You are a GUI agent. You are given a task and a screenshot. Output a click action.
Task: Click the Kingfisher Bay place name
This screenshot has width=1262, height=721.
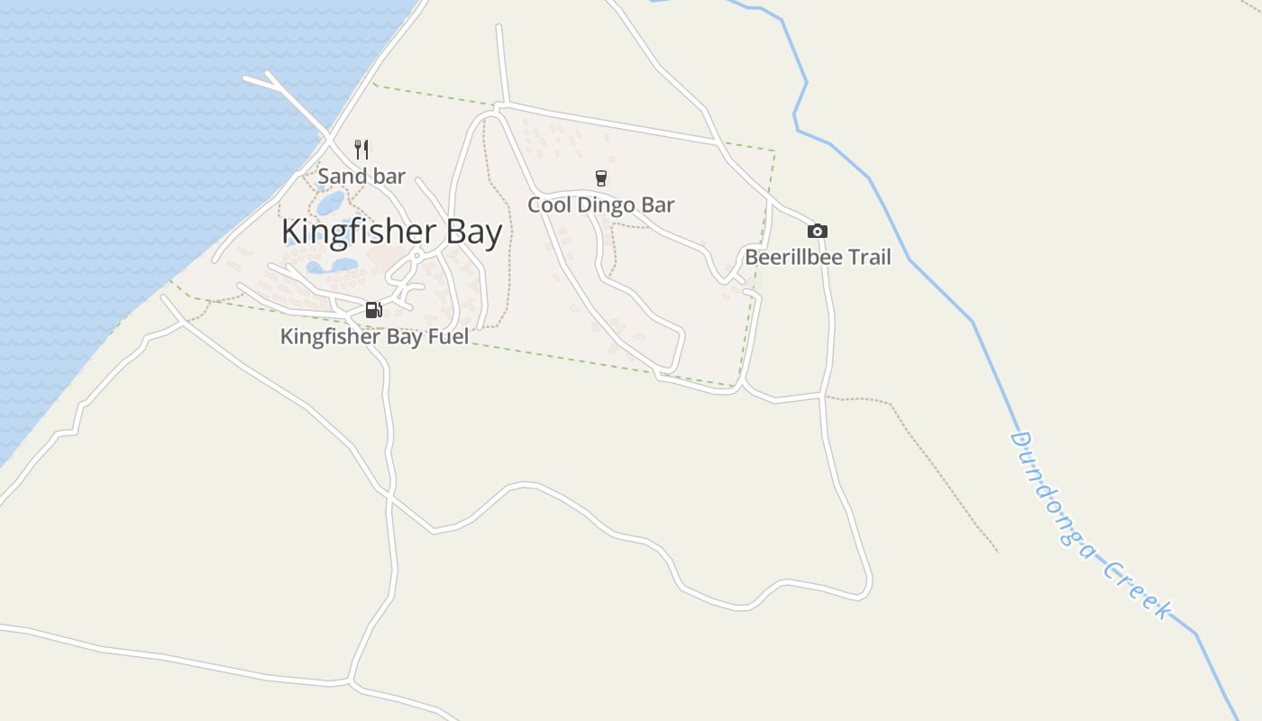(391, 233)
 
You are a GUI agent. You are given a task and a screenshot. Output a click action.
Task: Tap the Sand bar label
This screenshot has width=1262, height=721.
(361, 177)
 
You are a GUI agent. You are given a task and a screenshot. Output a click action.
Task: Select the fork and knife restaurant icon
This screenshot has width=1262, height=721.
(361, 150)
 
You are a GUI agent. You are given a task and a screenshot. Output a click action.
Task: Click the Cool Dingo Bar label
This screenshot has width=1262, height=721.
(600, 205)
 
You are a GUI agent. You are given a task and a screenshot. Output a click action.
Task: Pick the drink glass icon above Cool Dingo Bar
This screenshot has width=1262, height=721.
(601, 178)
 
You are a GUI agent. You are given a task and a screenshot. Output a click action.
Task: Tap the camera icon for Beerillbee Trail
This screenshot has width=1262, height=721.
(818, 231)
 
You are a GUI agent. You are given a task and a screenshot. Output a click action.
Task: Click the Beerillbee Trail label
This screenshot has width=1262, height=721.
(818, 258)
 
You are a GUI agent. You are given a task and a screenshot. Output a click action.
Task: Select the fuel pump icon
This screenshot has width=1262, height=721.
(373, 310)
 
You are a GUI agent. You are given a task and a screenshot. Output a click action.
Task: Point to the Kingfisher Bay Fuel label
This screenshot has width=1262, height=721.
(374, 337)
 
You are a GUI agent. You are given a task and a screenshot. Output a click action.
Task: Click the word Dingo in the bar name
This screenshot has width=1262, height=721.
(607, 205)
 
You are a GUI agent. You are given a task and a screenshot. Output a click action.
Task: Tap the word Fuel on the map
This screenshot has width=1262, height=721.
(448, 337)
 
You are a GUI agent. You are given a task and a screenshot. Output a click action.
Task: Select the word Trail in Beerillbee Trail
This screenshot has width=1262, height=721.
(867, 258)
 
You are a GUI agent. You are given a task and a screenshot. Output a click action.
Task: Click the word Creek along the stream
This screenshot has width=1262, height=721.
(1138, 590)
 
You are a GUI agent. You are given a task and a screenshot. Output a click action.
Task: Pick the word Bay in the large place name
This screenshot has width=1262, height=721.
(474, 233)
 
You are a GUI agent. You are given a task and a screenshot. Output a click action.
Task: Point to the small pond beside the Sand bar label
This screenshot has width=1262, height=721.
(330, 202)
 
